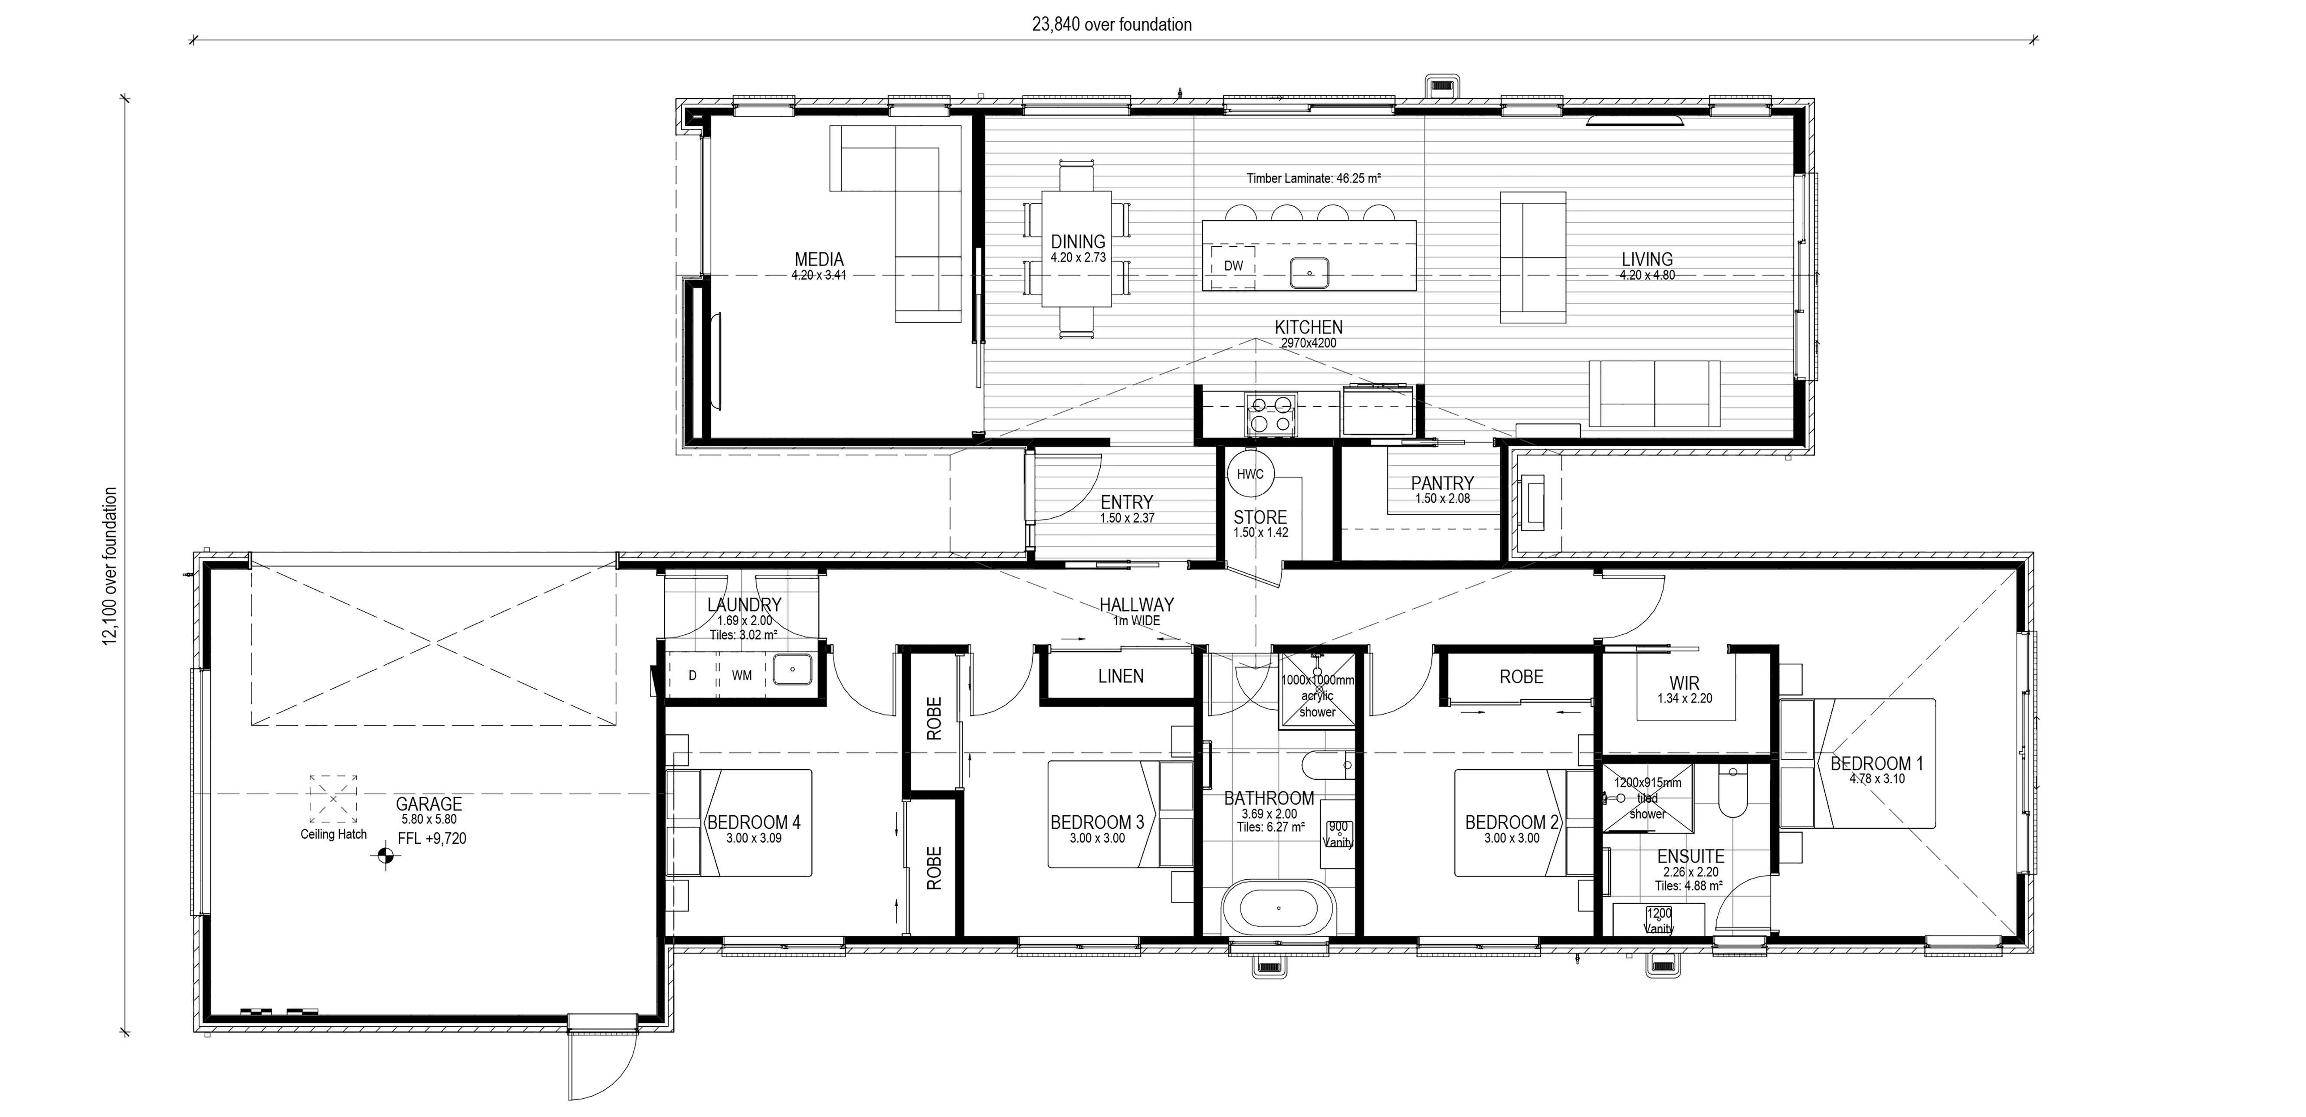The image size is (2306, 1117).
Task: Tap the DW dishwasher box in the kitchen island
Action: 1233,266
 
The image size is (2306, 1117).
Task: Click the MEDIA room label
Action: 819,260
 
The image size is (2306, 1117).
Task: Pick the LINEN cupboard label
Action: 1121,676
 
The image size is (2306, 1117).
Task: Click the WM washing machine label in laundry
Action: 742,676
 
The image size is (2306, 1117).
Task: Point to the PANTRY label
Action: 1442,483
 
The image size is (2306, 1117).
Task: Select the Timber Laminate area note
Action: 1313,178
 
